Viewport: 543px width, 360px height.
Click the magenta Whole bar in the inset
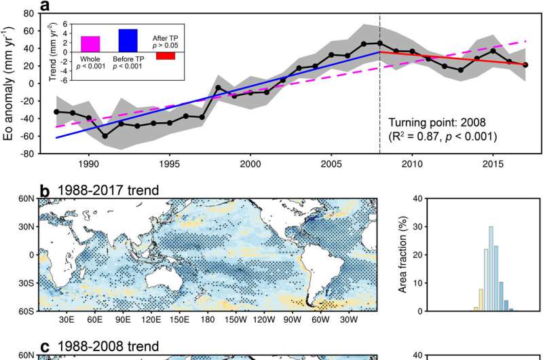click(x=90, y=43)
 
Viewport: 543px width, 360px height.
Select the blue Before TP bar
click(x=128, y=40)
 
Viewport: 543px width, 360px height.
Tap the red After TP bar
click(x=165, y=56)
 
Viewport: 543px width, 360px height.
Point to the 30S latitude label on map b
click(x=26, y=283)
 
